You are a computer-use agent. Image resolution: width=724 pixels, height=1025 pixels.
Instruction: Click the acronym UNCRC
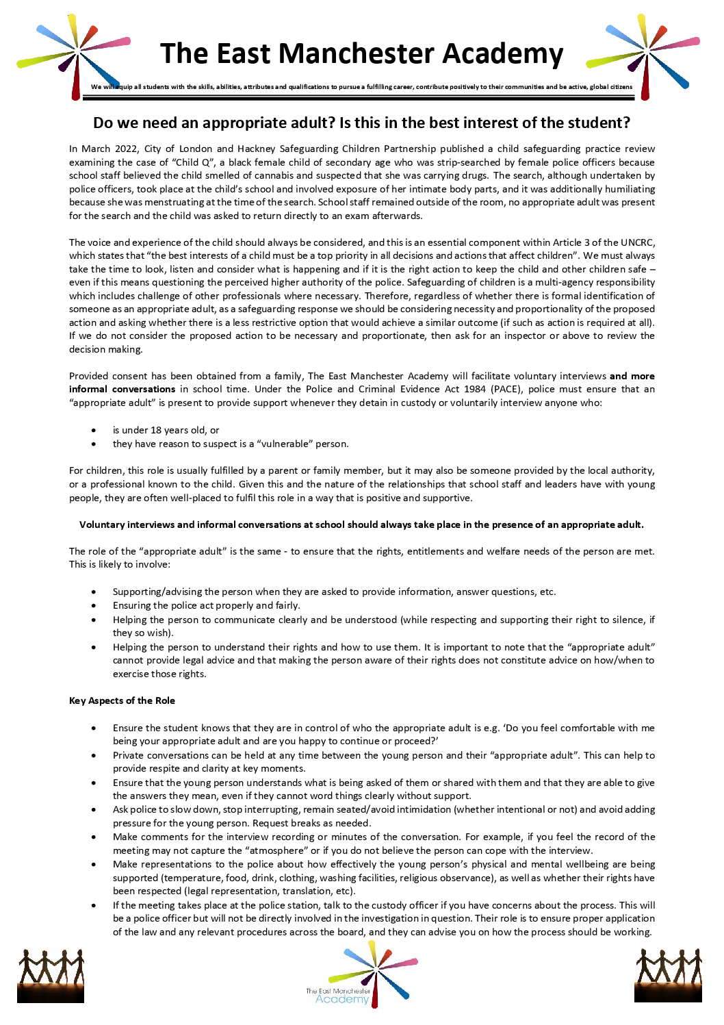(637, 242)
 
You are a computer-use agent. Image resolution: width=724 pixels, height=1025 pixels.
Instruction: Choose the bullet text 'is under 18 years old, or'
(166, 430)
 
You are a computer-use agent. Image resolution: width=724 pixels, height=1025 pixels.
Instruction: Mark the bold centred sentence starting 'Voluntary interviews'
(361, 524)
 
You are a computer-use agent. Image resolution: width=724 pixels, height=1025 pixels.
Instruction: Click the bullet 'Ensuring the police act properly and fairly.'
(206, 605)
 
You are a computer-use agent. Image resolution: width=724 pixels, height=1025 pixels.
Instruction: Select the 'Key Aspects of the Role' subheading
(122, 700)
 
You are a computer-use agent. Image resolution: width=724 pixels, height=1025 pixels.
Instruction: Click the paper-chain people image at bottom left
(51, 975)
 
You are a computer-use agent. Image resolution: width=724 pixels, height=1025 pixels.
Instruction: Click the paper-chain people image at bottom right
(668, 975)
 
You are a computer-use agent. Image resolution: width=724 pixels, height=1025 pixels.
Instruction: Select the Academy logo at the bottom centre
(361, 975)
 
